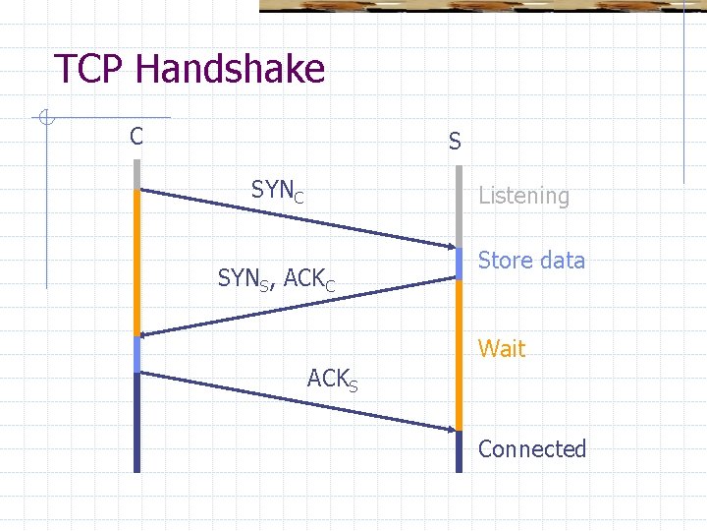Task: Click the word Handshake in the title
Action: [x=231, y=70]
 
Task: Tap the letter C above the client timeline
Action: [x=136, y=136]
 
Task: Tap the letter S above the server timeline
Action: [x=455, y=142]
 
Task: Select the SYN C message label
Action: [x=277, y=191]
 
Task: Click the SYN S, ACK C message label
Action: [x=277, y=280]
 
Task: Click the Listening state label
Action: [x=523, y=196]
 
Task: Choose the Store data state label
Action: [x=531, y=261]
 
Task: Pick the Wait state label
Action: [x=502, y=348]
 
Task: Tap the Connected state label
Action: [x=531, y=449]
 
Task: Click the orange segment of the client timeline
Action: [x=137, y=261]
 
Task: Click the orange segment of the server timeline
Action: [x=458, y=354]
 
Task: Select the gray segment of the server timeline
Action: [x=458, y=206]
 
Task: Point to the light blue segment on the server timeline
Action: [x=458, y=264]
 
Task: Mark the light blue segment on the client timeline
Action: [x=137, y=354]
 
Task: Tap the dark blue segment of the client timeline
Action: [x=137, y=423]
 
